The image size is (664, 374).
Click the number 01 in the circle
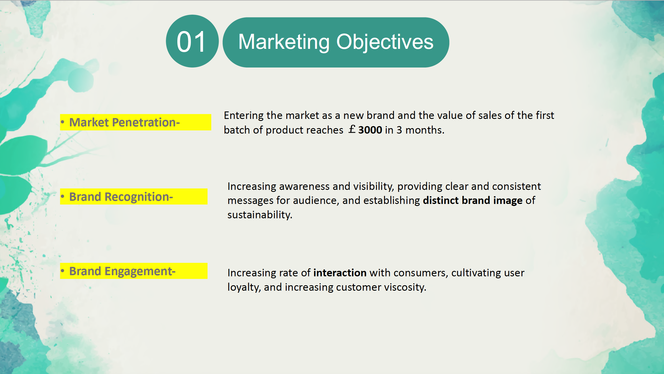(191, 42)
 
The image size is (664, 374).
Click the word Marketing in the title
(284, 42)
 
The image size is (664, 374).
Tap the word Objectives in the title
(385, 42)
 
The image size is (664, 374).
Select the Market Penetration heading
(124, 122)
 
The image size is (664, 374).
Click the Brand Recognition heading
(121, 197)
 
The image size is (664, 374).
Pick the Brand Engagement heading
(122, 271)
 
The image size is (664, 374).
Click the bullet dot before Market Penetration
(62, 122)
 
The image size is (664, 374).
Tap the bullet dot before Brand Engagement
(62, 271)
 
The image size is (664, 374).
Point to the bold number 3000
(370, 130)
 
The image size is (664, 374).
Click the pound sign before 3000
(352, 129)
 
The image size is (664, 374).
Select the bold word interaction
(340, 273)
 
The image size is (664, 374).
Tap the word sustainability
(260, 215)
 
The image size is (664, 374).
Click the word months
(425, 130)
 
